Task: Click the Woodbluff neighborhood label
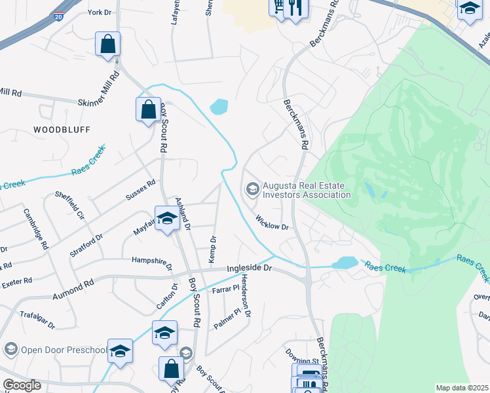click(62, 130)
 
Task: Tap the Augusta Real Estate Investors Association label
click(306, 190)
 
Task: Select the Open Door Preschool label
click(63, 349)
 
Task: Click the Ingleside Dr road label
click(249, 269)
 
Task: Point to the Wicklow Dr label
click(273, 223)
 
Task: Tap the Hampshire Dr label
click(152, 263)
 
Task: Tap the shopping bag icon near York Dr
click(108, 45)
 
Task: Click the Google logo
click(22, 385)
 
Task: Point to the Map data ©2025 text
click(462, 388)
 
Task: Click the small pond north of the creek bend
click(219, 106)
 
